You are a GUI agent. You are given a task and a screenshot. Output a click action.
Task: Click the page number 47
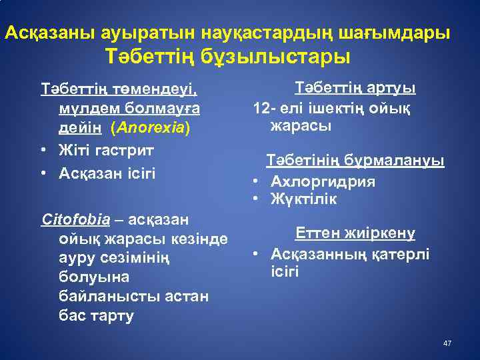[447, 343]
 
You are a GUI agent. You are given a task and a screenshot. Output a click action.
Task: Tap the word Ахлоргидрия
[323, 181]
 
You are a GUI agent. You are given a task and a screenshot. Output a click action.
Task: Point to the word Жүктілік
[303, 199]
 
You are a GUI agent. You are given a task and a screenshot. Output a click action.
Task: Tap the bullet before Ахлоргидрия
[255, 181]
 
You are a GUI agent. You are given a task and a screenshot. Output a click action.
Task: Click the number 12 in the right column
[260, 107]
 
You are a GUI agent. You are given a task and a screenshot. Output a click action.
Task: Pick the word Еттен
[318, 233]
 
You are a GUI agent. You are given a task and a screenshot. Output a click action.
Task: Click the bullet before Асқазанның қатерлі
[255, 254]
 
